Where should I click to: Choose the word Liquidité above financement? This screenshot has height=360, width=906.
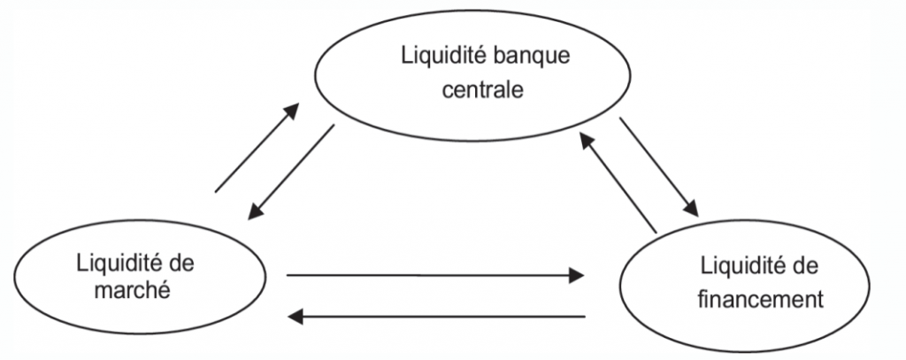tap(738, 267)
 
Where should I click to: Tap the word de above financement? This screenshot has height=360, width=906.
tap(806, 267)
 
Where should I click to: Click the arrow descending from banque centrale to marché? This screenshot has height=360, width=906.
tap(292, 172)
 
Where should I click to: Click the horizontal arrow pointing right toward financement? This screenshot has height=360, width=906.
tap(434, 276)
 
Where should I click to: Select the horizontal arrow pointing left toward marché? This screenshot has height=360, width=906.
tap(438, 315)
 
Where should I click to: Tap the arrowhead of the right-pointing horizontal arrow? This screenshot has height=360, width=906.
tap(575, 276)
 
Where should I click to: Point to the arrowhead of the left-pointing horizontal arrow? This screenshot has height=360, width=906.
tap(298, 315)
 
